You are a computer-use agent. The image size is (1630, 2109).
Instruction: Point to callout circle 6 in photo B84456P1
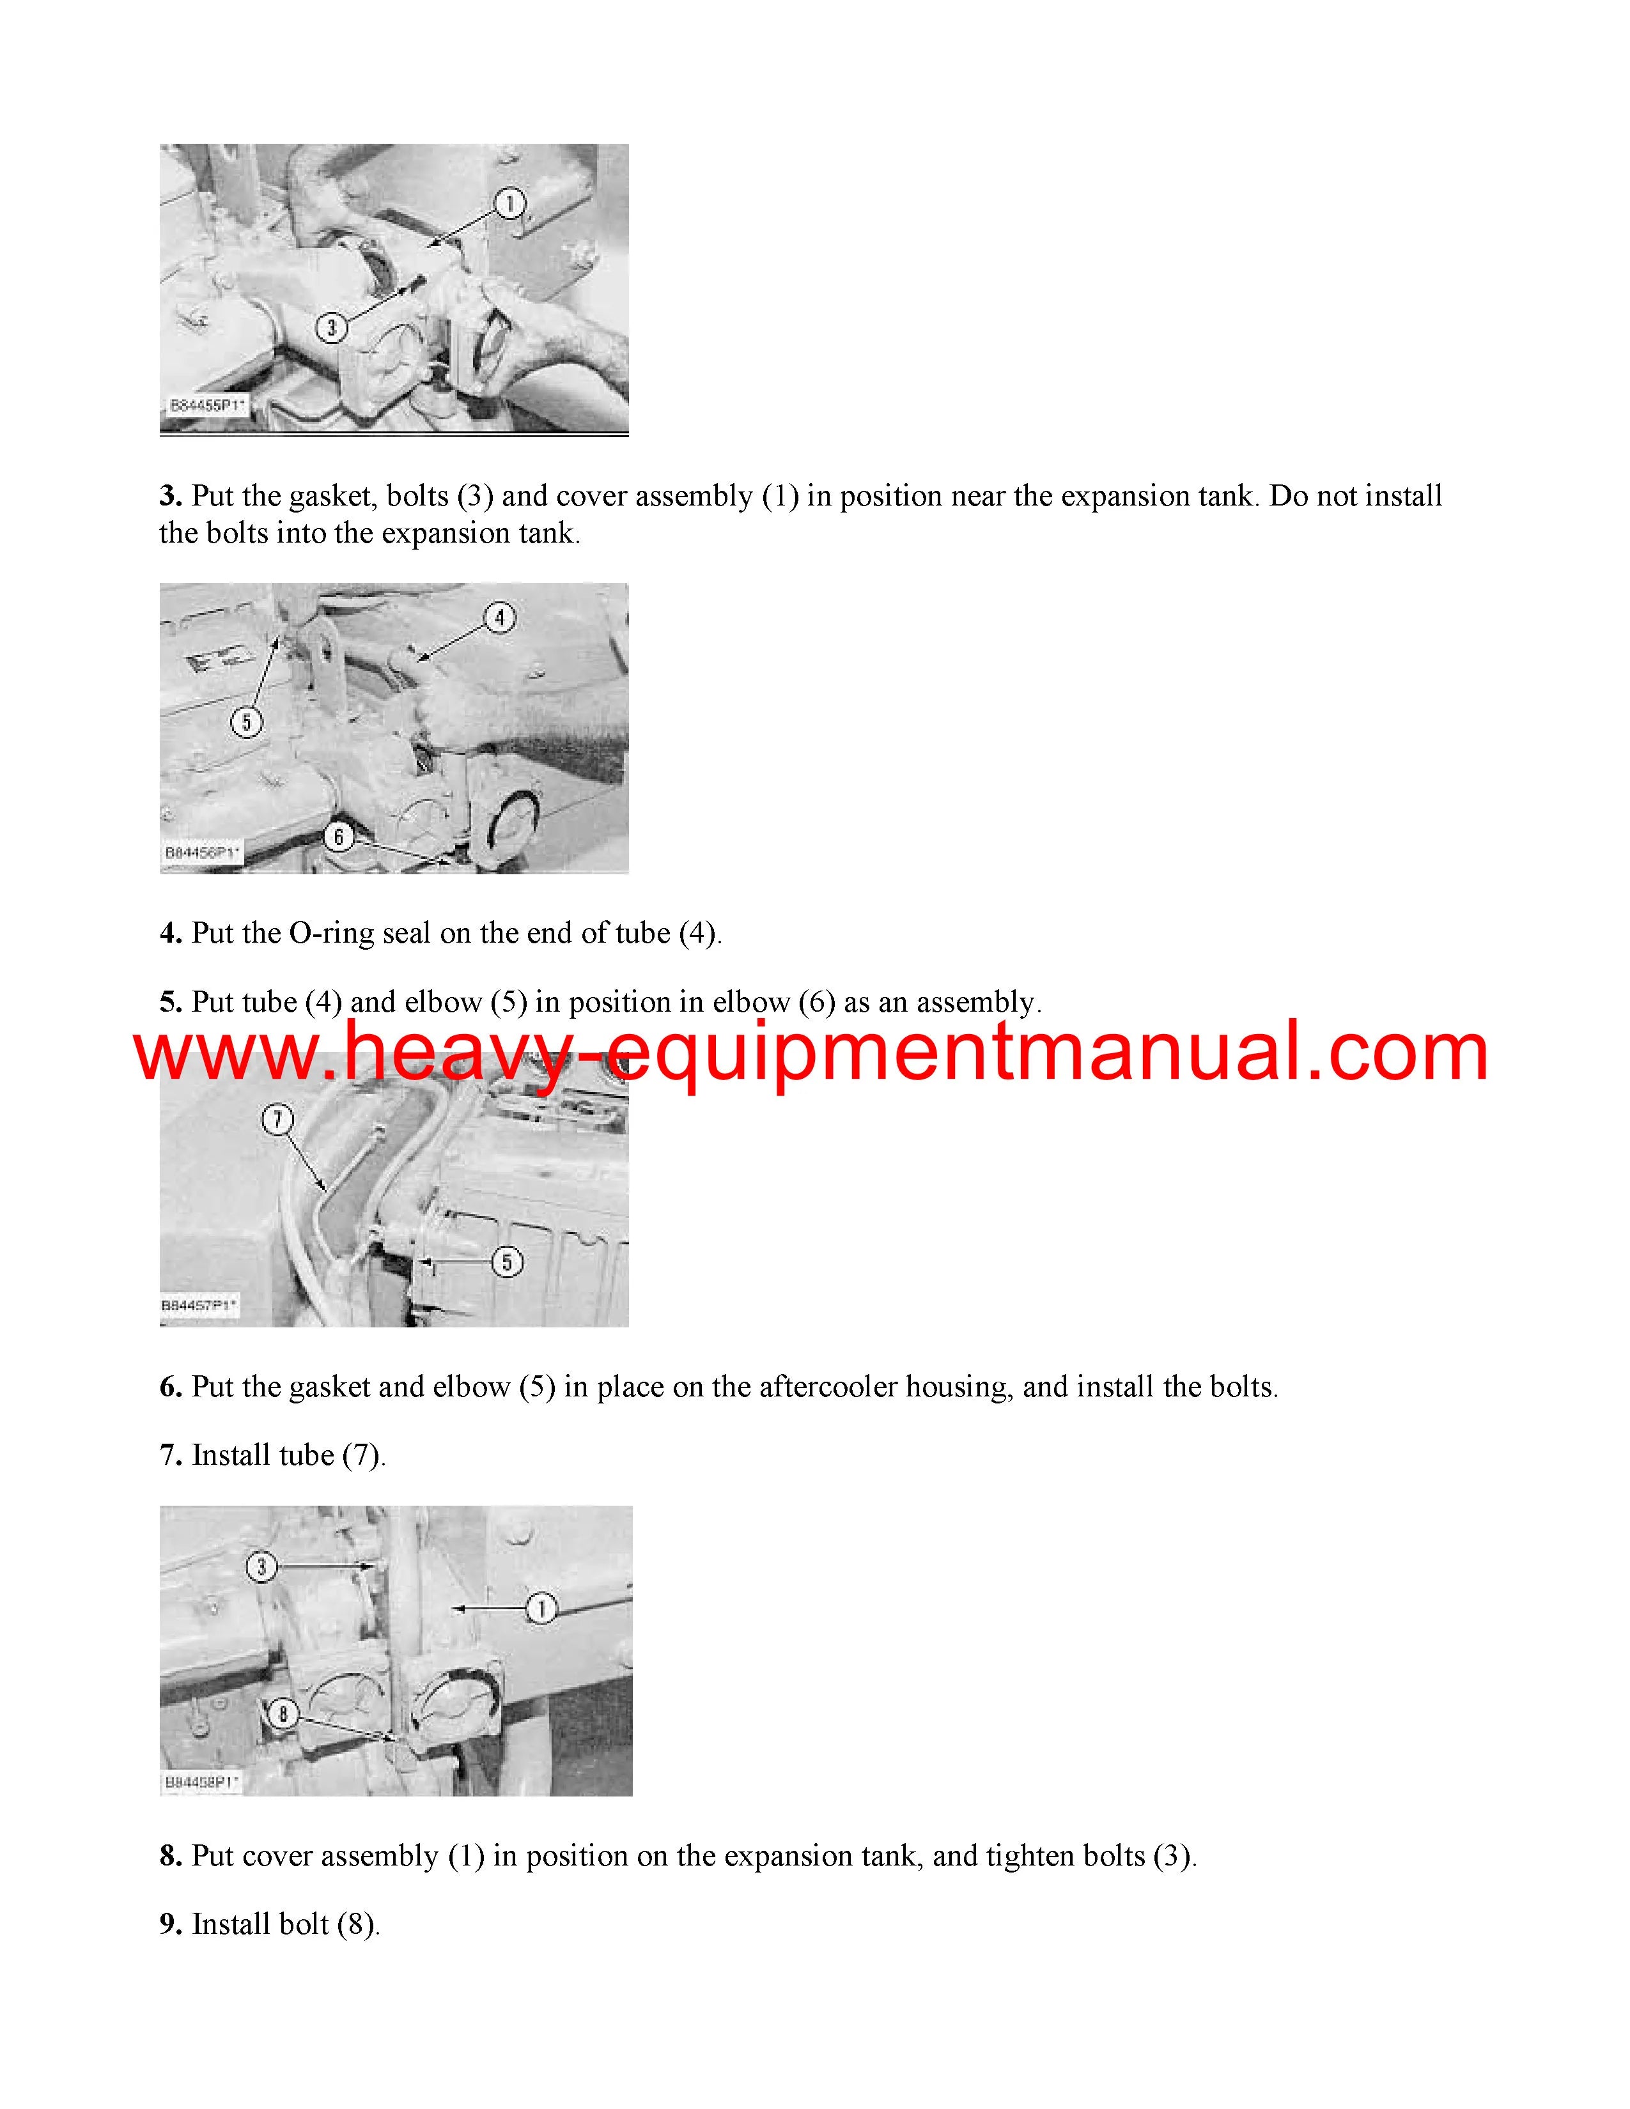(x=338, y=837)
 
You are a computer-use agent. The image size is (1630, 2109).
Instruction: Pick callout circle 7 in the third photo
(x=278, y=1119)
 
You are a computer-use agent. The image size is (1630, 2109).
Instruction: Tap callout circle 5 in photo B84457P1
(x=507, y=1261)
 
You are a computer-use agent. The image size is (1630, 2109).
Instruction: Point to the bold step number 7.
(x=171, y=1455)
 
